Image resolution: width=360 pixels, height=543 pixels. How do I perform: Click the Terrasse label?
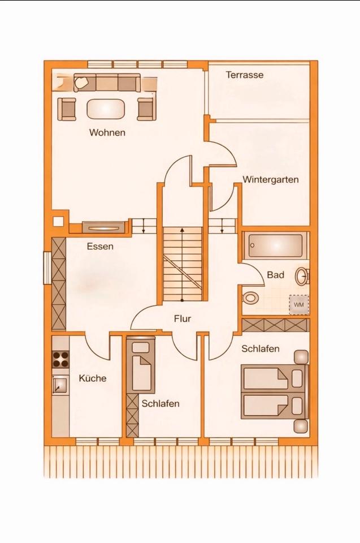245,75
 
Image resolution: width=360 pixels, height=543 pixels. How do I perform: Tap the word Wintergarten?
270,180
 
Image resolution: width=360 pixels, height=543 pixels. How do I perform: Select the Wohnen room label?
107,133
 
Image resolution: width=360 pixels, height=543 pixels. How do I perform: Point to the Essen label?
100,247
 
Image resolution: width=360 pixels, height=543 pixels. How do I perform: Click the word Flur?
182,319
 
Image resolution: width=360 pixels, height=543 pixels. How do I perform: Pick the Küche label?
92,378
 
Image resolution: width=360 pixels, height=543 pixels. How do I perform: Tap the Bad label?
275,275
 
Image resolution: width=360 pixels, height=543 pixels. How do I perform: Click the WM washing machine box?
298,305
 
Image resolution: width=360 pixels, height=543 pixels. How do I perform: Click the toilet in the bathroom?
249,298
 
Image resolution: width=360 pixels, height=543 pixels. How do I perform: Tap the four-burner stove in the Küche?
60,359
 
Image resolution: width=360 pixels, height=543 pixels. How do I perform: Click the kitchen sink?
59,385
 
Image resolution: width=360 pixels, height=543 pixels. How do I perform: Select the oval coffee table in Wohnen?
106,109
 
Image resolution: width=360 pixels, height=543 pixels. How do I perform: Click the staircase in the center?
182,263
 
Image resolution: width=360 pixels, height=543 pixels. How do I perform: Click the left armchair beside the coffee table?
67,109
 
